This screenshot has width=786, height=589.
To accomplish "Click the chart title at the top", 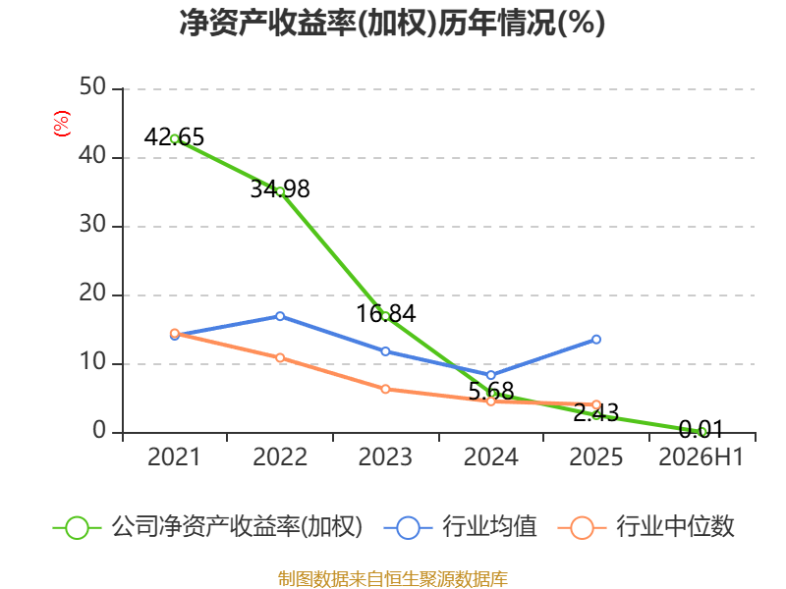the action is [x=392, y=23].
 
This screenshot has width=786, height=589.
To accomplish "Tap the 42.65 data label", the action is [x=175, y=137].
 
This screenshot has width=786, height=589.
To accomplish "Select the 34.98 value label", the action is [x=280, y=189].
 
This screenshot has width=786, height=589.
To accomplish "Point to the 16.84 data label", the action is [x=386, y=314].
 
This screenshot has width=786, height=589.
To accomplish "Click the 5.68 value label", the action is [x=491, y=391].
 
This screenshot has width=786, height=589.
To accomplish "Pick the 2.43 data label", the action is [x=596, y=413].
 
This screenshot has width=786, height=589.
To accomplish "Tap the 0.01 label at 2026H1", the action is [x=702, y=430].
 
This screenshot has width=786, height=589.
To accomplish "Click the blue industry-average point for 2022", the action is [x=280, y=316].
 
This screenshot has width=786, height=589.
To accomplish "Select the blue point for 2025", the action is [x=596, y=340].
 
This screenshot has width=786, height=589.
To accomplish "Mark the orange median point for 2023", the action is [x=385, y=389].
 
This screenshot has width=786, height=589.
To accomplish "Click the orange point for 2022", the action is [x=280, y=357].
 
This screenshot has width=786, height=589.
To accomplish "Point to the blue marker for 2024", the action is [x=490, y=375].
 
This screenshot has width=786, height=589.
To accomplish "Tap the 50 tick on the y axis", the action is [x=92, y=87].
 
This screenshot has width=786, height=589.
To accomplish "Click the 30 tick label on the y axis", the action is [x=92, y=225].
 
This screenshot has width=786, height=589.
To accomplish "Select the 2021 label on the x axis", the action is [x=174, y=457].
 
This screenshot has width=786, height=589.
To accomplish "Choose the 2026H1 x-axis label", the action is [x=701, y=457].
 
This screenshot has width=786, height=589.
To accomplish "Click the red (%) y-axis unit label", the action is [x=62, y=124].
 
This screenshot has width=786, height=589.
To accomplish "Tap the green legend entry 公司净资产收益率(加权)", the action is [x=207, y=527].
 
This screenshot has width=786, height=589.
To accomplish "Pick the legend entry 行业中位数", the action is [x=646, y=527].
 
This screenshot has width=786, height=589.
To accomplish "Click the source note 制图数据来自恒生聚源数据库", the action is [x=393, y=579].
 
